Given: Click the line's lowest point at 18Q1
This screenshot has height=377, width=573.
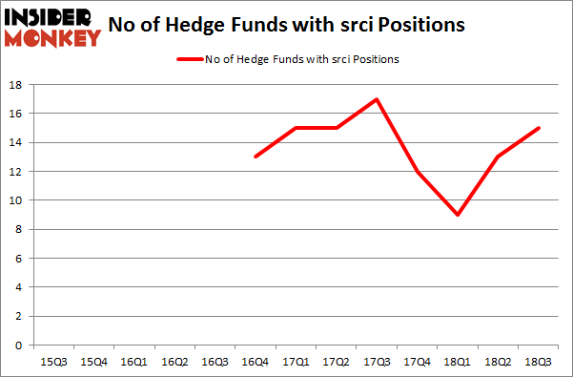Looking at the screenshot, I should click(x=459, y=215).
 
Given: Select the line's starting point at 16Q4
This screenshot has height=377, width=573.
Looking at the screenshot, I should click(x=255, y=157).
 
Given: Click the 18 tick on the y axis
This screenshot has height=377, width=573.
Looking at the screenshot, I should click(x=16, y=85).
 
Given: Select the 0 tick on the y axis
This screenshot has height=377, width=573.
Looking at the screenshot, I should click(x=19, y=346).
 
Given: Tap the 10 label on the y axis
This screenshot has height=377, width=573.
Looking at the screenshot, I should click(x=16, y=200).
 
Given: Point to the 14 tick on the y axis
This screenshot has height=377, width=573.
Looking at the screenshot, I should click(x=16, y=143).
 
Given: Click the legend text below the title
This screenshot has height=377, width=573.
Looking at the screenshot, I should click(x=302, y=59).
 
